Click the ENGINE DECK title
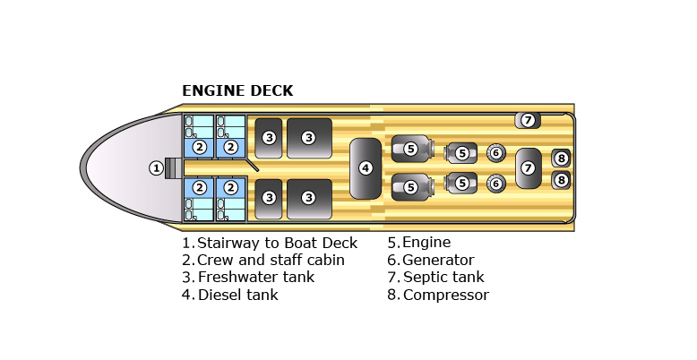click(x=237, y=91)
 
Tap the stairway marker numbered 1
click(x=156, y=167)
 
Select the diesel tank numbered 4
click(x=366, y=167)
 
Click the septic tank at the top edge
click(x=528, y=120)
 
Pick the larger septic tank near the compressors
click(x=528, y=167)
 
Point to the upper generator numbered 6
click(x=495, y=152)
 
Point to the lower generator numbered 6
click(x=495, y=184)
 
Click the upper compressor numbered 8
click(x=561, y=159)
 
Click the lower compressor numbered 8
click(x=561, y=179)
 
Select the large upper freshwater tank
click(x=308, y=138)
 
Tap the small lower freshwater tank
click(x=269, y=198)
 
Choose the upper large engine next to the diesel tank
click(x=410, y=149)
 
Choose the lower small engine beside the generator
click(x=461, y=184)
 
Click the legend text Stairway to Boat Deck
click(x=277, y=243)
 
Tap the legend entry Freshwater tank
click(x=255, y=278)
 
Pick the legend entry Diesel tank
click(x=237, y=295)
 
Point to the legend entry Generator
click(x=438, y=261)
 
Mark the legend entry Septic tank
click(x=443, y=278)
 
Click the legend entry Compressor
click(x=445, y=295)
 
